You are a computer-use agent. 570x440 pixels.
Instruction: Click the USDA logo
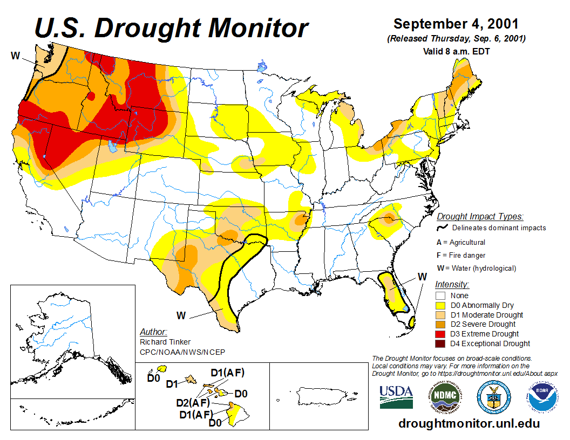[396, 397]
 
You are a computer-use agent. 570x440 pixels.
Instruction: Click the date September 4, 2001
[456, 24]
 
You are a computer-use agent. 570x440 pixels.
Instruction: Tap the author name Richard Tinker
[165, 342]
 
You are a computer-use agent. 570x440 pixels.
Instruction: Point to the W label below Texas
[181, 315]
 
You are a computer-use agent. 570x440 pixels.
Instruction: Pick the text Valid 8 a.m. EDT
[456, 51]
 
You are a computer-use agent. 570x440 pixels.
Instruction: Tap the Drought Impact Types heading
[480, 216]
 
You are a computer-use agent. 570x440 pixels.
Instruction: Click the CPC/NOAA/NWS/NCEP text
[182, 352]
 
